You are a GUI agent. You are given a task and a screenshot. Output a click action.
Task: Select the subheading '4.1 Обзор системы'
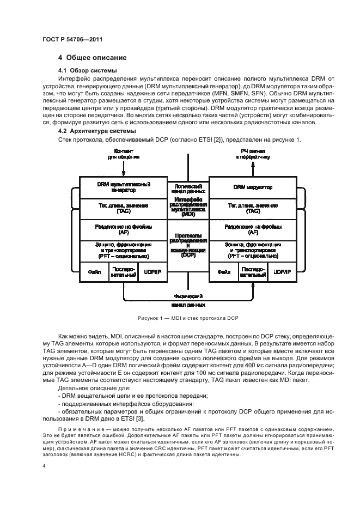coord(89,70)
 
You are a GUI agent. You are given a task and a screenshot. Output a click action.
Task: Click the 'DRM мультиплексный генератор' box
coord(124,187)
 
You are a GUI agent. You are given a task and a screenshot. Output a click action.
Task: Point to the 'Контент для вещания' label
coord(124,153)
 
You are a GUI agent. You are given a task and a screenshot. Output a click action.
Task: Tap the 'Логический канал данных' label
coord(188,188)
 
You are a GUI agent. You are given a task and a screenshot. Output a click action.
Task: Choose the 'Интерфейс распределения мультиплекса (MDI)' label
coord(188,207)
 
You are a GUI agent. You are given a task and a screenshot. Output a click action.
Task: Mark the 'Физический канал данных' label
coord(188,301)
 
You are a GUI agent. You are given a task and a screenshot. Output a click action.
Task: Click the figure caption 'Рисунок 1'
coord(187,318)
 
